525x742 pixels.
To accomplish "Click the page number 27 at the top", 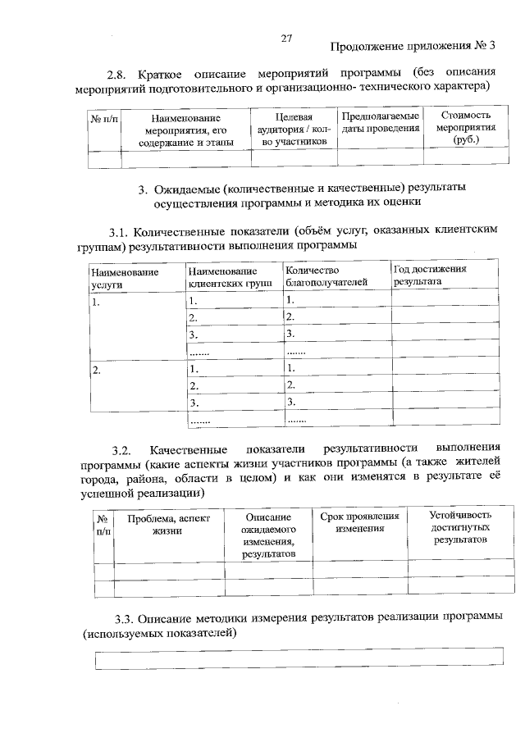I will (x=286, y=38).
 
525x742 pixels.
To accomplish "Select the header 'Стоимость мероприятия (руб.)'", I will (x=464, y=128).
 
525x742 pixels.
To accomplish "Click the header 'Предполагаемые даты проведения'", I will (x=381, y=123).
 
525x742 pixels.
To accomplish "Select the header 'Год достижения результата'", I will (x=430, y=275).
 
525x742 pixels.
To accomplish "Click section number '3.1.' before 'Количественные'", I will (x=120, y=231).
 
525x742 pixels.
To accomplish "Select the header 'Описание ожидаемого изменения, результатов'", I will (x=268, y=536).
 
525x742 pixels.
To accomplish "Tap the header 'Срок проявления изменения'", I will (x=360, y=523).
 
